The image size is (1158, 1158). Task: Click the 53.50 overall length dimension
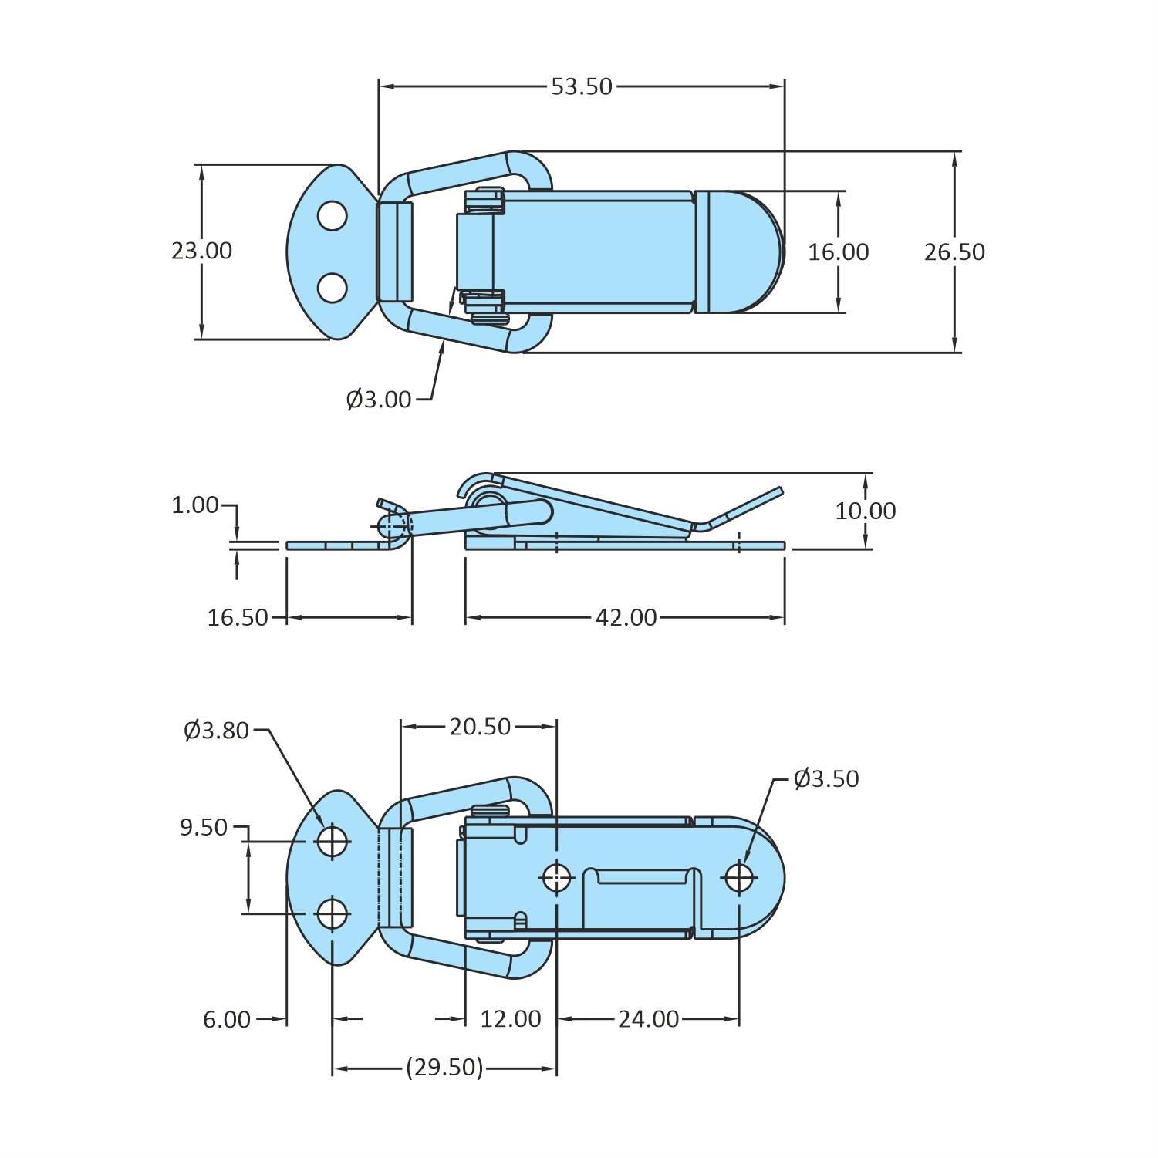pyautogui.click(x=582, y=86)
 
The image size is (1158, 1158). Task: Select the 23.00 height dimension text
pyautogui.click(x=201, y=251)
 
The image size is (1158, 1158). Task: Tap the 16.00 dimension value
pyautogui.click(x=838, y=252)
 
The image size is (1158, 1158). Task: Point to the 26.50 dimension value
pyautogui.click(x=954, y=252)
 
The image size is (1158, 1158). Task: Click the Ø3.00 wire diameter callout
pyautogui.click(x=379, y=400)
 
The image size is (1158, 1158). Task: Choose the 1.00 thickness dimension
pyautogui.click(x=195, y=505)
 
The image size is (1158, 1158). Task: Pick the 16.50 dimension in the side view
pyautogui.click(x=238, y=618)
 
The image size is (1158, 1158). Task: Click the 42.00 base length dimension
pyautogui.click(x=626, y=618)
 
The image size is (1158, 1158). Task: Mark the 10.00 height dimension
pyautogui.click(x=865, y=511)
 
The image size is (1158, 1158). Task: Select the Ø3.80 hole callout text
pyautogui.click(x=217, y=731)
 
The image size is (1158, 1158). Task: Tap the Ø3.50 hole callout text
pyautogui.click(x=826, y=779)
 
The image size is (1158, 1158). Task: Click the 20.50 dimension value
pyautogui.click(x=480, y=727)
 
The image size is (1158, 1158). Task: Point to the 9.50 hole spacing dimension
pyautogui.click(x=204, y=828)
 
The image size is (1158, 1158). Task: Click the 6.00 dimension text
pyautogui.click(x=227, y=1020)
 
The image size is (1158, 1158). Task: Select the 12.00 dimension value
pyautogui.click(x=511, y=1020)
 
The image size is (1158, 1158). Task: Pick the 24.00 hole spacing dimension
pyautogui.click(x=648, y=1020)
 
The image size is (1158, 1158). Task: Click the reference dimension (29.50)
pyautogui.click(x=445, y=1068)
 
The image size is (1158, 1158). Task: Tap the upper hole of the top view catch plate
pyautogui.click(x=333, y=216)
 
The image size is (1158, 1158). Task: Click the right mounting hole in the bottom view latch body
pyautogui.click(x=739, y=877)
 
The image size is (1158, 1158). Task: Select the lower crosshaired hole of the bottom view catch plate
pyautogui.click(x=333, y=914)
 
